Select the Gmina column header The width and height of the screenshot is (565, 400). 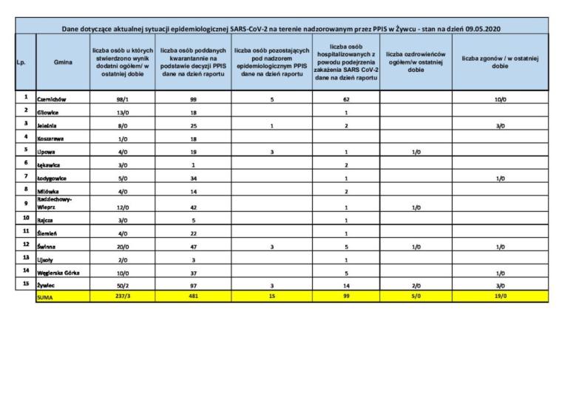click(63, 62)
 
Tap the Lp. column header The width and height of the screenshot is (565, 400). click(21, 62)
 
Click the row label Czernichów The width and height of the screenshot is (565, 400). click(53, 99)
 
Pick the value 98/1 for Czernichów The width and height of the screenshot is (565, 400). click(122, 99)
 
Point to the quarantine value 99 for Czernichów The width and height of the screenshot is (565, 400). click(192, 99)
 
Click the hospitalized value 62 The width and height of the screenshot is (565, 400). click(346, 99)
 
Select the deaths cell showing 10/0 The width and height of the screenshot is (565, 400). click(500, 99)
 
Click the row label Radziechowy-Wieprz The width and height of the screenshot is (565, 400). click(53, 204)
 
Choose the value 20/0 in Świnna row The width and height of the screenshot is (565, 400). click(122, 247)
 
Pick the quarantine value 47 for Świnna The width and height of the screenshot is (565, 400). click(192, 247)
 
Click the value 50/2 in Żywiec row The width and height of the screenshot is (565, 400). click(122, 285)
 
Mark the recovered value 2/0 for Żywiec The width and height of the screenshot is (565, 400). click(416, 285)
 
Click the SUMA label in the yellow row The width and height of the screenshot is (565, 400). click(46, 298)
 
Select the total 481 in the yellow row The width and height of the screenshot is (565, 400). click(192, 298)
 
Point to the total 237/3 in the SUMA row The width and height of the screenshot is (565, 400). click(122, 298)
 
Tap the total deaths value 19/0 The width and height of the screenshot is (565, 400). click(500, 298)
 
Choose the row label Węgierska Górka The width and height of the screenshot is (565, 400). click(58, 273)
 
